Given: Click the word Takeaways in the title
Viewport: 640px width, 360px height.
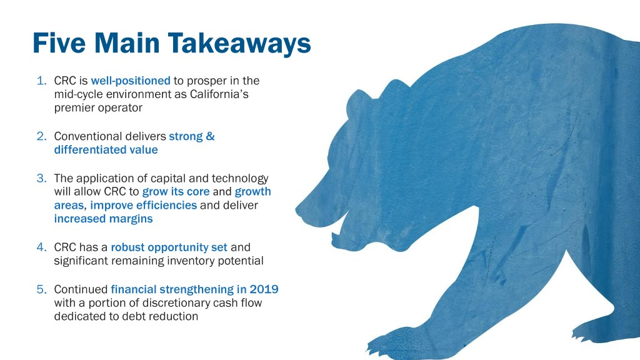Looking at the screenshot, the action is click(239, 44).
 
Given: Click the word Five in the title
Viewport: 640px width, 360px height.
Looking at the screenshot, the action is click(59, 43).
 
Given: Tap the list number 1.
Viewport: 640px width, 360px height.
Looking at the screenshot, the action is click(42, 81).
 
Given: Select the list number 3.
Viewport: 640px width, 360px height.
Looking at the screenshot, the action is click(42, 178).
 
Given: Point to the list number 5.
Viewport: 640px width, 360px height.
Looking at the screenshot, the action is click(42, 289).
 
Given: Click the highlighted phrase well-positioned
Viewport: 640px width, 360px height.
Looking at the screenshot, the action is click(131, 81).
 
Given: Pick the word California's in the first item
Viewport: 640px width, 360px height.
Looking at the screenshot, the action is click(219, 94).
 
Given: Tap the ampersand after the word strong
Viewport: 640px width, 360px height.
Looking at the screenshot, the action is click(210, 136).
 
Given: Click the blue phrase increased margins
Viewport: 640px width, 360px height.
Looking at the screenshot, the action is click(103, 219).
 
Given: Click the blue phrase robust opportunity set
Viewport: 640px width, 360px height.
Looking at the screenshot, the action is click(169, 247).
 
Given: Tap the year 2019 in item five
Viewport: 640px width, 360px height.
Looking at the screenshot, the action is click(264, 289).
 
